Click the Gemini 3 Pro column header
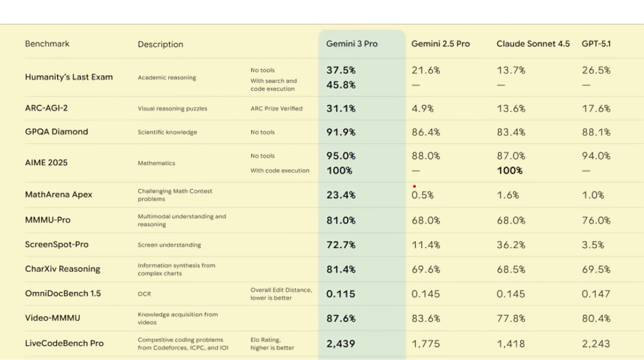pos(352,44)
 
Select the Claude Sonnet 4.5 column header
pos(533,44)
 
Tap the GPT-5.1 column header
pos(596,44)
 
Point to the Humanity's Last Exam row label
pos(69,77)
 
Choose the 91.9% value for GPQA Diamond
pos(341,132)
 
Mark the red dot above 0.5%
pos(415,186)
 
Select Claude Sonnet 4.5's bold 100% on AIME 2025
pos(510,170)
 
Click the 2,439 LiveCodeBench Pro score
pos(341,344)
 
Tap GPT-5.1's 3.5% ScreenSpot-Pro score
pos(593,244)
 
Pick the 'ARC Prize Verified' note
pos(276,109)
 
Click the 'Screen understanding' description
pos(169,245)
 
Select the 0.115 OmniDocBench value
pos(341,294)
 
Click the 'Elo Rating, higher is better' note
pos(273,344)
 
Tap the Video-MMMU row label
pos(53,318)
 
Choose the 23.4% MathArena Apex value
pos(341,195)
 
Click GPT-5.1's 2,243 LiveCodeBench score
pos(596,344)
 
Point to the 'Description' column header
pos(160,44)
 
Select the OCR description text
pos(144,294)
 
